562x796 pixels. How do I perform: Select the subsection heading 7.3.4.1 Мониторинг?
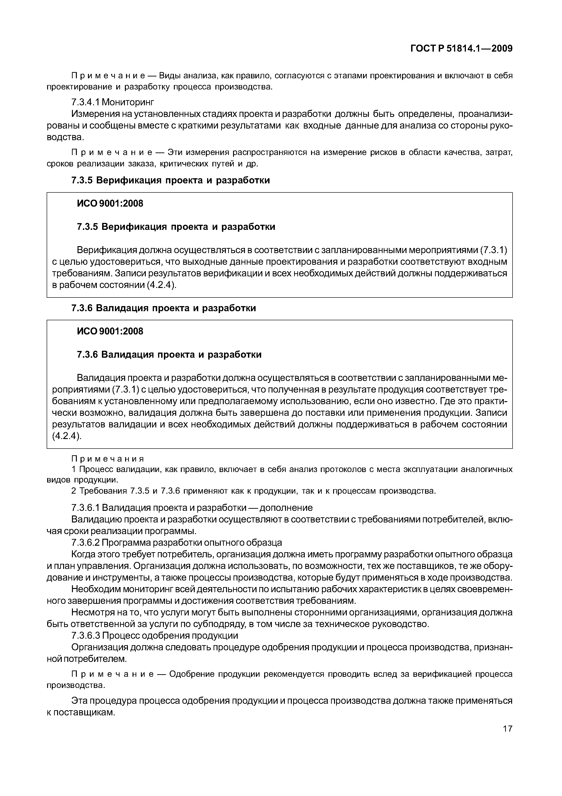(113, 102)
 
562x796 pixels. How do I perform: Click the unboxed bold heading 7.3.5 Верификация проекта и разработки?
(170, 180)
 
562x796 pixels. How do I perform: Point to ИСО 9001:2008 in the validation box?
(110, 331)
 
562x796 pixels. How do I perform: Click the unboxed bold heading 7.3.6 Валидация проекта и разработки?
(163, 308)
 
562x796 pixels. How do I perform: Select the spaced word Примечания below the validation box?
(107, 459)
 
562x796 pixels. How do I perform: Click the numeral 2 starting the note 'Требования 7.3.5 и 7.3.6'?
(73, 491)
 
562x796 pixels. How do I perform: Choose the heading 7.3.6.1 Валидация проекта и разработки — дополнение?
(192, 508)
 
